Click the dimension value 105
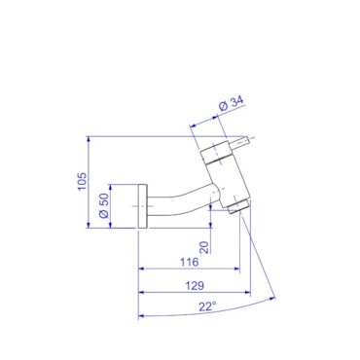(x=83, y=182)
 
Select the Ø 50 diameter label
(x=103, y=206)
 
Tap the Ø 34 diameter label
(x=231, y=104)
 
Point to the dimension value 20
(x=204, y=247)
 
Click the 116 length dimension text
(x=189, y=262)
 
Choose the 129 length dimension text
(x=195, y=286)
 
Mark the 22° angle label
(x=207, y=306)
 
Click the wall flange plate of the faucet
(x=143, y=206)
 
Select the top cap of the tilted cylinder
(x=215, y=152)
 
